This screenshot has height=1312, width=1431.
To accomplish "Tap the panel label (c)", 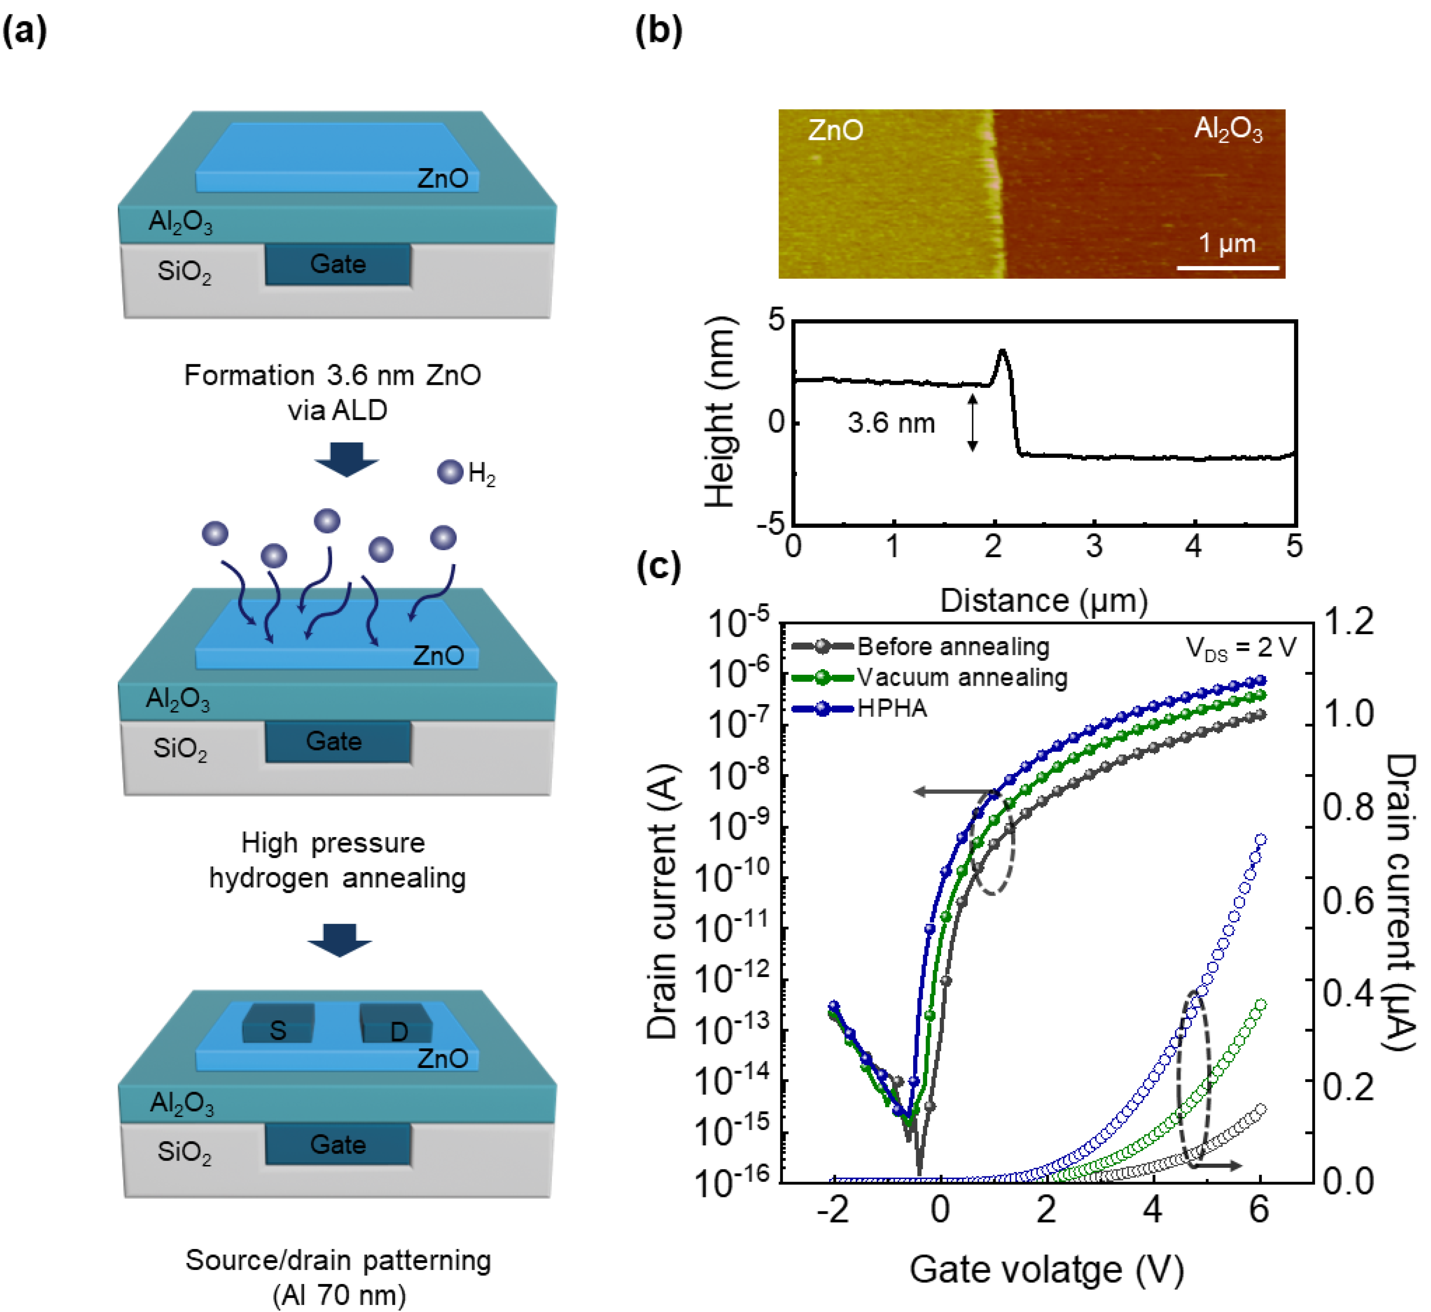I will coord(658,566).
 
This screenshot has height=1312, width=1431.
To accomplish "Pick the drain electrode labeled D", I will coord(398,1030).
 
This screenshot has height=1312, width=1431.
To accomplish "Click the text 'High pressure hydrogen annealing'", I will coord(336,861).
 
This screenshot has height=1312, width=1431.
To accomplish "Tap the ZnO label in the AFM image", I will coord(835,131).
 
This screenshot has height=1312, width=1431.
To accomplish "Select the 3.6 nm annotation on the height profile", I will coord(891,424).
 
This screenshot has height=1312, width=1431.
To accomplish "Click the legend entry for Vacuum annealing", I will coord(962,678).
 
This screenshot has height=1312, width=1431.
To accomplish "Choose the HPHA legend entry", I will coord(892,708).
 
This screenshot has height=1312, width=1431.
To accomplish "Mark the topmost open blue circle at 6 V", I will coord(1260,840).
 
